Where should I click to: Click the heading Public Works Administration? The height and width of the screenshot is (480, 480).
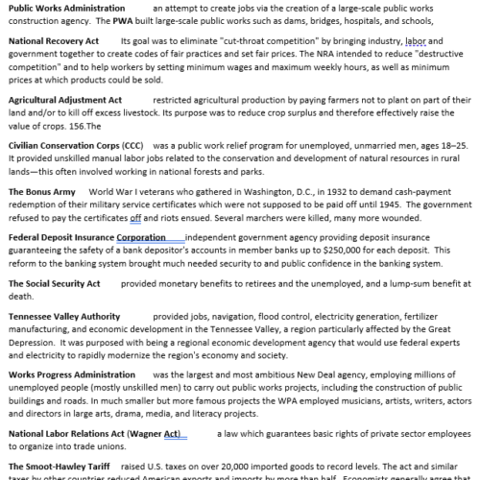point(64,7)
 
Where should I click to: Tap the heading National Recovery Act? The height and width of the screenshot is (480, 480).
point(54,42)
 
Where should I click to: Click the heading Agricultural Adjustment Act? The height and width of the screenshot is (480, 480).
point(64,99)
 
